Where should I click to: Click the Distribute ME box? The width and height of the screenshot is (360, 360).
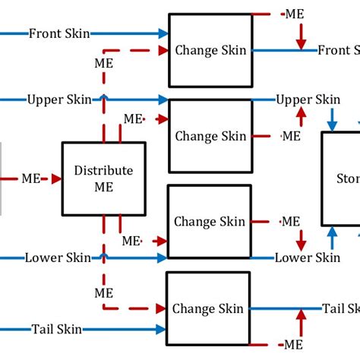(x=103, y=178)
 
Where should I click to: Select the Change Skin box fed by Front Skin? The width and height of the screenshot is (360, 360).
(x=210, y=50)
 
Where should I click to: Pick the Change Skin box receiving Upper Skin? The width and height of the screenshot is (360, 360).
(x=210, y=136)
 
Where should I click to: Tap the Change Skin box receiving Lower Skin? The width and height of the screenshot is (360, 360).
(x=210, y=222)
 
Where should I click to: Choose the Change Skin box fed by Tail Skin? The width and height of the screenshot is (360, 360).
(x=208, y=308)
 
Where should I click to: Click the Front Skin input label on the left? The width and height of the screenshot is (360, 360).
(x=59, y=33)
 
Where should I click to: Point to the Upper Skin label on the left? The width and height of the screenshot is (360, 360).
(x=59, y=99)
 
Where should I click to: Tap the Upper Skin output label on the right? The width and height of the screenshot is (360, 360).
(x=308, y=99)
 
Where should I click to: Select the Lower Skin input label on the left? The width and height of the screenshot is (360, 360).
(x=54, y=257)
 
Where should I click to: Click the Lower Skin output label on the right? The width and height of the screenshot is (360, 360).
(x=308, y=257)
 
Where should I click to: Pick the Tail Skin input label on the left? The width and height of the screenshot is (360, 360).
(x=57, y=330)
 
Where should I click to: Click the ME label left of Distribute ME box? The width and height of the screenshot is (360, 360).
(x=31, y=179)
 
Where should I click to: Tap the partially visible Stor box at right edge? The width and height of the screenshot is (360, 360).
(x=341, y=178)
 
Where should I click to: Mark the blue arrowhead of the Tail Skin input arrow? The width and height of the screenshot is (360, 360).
(x=162, y=330)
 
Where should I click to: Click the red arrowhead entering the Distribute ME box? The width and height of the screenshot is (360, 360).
(x=55, y=179)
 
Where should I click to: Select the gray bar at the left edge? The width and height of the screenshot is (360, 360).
(x=2, y=178)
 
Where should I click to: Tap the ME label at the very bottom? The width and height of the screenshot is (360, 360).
(x=292, y=344)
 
